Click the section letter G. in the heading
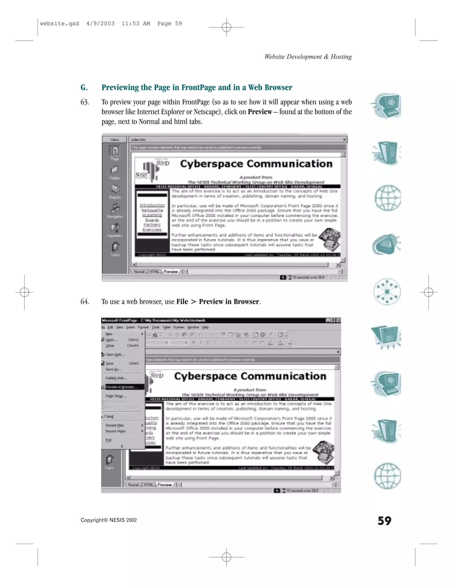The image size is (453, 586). click(84, 88)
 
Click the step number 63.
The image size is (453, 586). click(85, 102)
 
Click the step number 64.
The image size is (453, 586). click(85, 302)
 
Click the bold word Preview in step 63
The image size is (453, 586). click(259, 112)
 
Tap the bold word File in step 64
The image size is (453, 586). click(182, 302)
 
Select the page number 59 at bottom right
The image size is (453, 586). click(384, 521)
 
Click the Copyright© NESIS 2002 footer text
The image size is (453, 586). click(109, 520)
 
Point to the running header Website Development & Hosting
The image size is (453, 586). click(308, 57)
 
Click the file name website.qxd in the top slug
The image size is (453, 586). click(59, 24)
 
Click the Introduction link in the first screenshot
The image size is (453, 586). click(152, 205)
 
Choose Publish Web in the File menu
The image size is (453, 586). click(116, 378)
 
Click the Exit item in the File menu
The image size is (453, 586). click(108, 440)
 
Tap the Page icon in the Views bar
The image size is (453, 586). click(115, 151)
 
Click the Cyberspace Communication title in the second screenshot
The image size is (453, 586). click(250, 376)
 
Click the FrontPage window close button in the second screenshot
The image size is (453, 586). click(339, 320)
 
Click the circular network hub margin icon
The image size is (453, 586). click(387, 292)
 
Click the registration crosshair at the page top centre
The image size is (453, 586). click(226, 27)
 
